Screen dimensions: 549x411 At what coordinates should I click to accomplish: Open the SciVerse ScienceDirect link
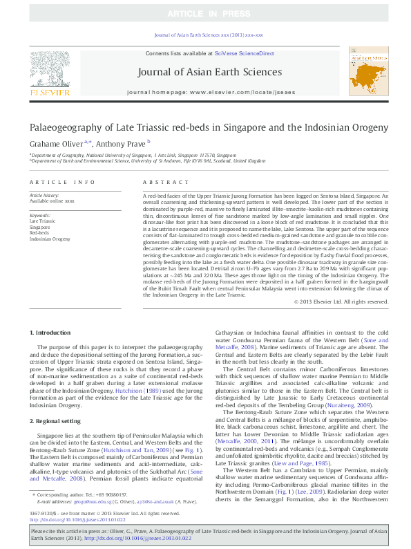[244, 53]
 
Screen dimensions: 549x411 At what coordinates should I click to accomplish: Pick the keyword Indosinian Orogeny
[50, 238]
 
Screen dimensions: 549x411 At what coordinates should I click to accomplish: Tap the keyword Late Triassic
[43, 221]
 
